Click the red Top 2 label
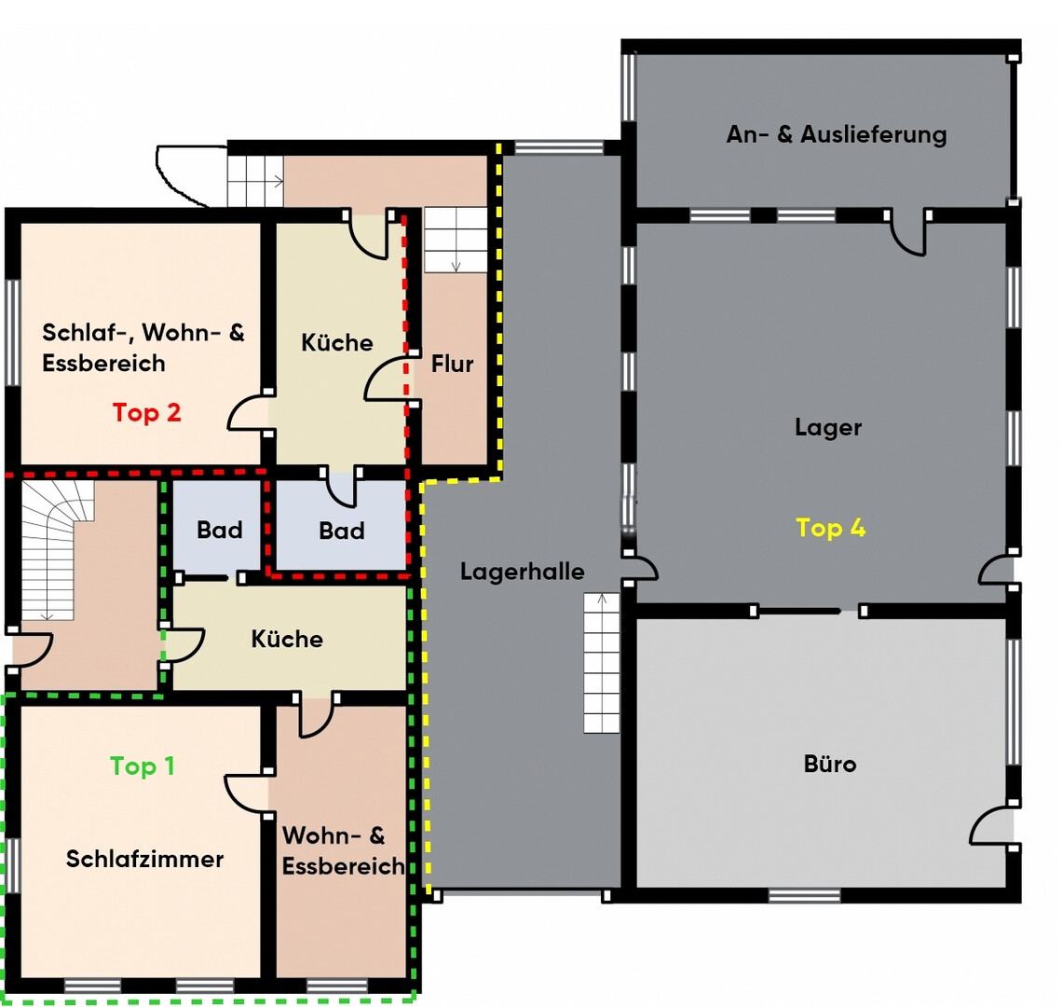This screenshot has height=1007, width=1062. (147, 412)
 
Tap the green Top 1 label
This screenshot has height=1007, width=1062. (143, 766)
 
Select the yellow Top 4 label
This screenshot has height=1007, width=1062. (830, 528)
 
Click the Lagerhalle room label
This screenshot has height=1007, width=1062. (523, 572)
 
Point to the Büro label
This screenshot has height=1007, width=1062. (830, 764)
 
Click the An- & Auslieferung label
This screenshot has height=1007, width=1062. (837, 134)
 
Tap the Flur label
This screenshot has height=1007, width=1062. (453, 364)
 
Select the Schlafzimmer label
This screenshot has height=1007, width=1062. (144, 859)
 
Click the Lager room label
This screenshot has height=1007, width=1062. (828, 427)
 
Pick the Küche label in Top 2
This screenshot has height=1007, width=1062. (337, 342)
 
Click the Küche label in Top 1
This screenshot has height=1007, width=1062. (287, 639)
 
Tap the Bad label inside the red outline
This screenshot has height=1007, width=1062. (342, 531)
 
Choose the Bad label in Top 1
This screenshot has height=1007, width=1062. (220, 530)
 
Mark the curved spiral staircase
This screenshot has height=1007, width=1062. (58, 550)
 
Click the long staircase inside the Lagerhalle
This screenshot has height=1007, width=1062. (602, 663)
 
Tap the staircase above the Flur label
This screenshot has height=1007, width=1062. (456, 240)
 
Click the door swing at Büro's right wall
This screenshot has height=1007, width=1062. (990, 825)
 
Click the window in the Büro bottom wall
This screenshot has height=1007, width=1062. (804, 896)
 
